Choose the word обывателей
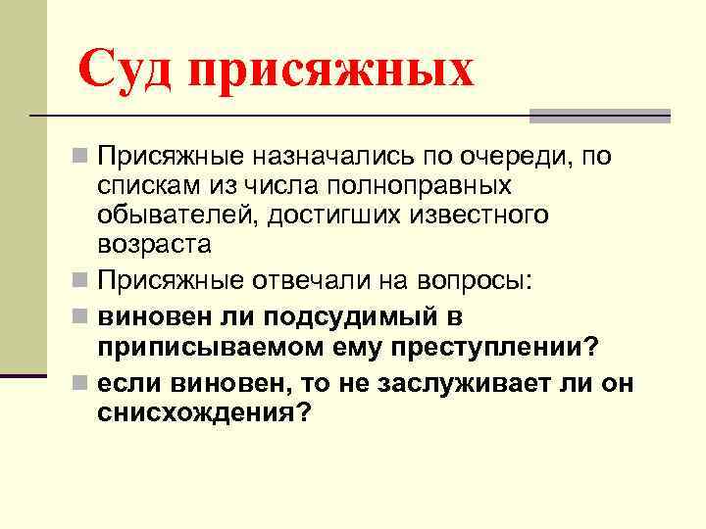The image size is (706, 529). (173, 214)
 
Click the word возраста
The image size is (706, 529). (155, 243)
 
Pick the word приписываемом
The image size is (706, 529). (203, 348)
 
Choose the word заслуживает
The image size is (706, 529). (450, 384)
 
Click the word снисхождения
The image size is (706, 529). (203, 413)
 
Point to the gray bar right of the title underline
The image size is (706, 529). (599, 116)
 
